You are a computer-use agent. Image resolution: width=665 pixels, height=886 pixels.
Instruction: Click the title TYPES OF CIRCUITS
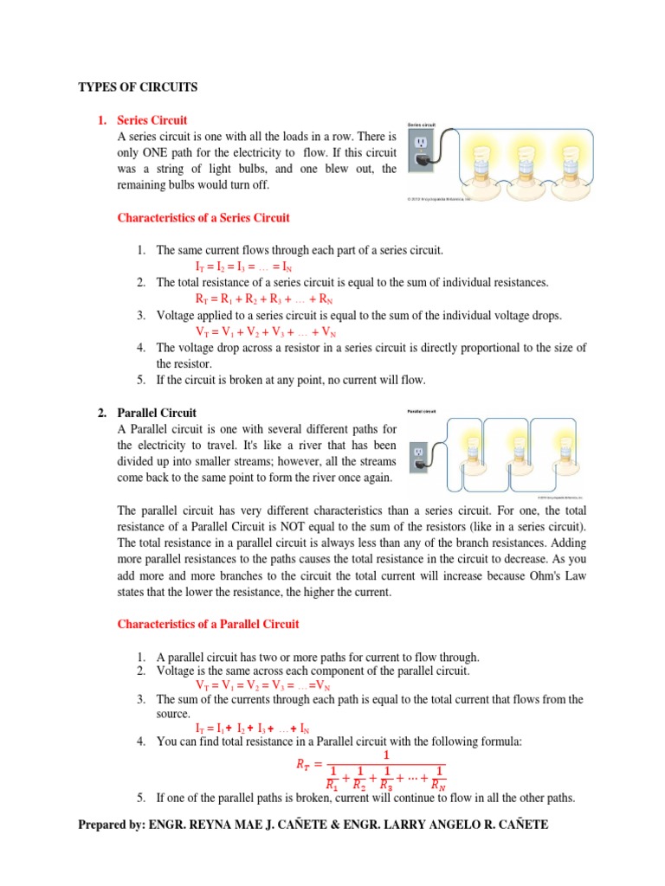(138, 87)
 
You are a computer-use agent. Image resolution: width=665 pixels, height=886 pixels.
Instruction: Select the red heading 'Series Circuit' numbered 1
(152, 120)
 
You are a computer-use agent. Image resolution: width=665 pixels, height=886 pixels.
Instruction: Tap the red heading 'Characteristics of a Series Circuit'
(203, 218)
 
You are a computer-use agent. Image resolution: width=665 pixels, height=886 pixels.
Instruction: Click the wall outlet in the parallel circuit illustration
(419, 453)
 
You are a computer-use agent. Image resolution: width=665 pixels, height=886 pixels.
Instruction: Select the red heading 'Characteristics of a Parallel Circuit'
(208, 624)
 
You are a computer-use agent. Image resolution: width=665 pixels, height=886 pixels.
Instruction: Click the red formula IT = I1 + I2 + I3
(252, 729)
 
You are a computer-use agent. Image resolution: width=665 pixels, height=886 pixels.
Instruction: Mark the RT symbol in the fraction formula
(295, 764)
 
